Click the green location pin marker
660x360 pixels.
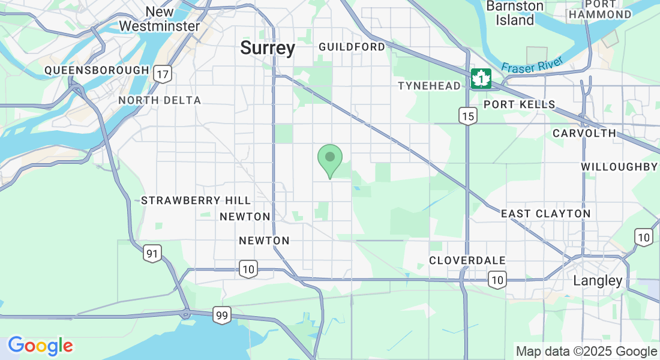pyautogui.click(x=329, y=159)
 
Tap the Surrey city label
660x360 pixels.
pyautogui.click(x=268, y=48)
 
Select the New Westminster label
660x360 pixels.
pyautogui.click(x=159, y=19)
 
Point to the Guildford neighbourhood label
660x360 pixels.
pyautogui.click(x=352, y=47)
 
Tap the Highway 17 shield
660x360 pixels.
pyautogui.click(x=163, y=74)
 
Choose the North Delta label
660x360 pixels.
pyautogui.click(x=160, y=100)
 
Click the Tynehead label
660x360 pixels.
pyautogui.click(x=429, y=86)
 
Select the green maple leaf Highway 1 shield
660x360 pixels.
pyautogui.click(x=481, y=79)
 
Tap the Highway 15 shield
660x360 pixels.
pyautogui.click(x=469, y=116)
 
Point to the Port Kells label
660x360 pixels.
pyautogui.click(x=520, y=104)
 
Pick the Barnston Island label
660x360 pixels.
pyautogui.click(x=515, y=13)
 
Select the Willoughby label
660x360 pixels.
pyautogui.click(x=619, y=167)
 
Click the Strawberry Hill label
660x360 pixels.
pyautogui.click(x=196, y=200)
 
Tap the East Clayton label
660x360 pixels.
pyautogui.click(x=545, y=214)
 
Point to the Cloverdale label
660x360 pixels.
pyautogui.click(x=467, y=260)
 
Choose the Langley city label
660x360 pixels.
pyautogui.click(x=598, y=280)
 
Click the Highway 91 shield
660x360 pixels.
pyautogui.click(x=152, y=254)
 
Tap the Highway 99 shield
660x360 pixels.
pyautogui.click(x=222, y=315)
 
